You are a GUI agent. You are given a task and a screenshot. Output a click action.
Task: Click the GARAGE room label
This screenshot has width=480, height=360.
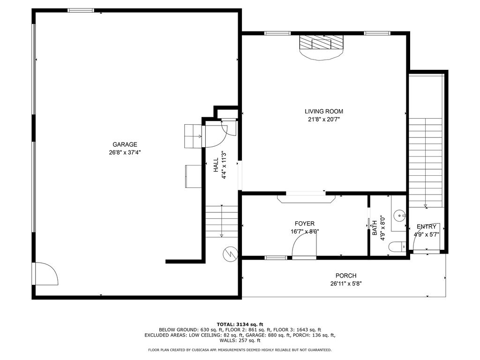click(x=125, y=144)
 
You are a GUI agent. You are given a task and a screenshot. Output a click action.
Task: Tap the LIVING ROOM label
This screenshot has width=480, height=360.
click(x=324, y=112)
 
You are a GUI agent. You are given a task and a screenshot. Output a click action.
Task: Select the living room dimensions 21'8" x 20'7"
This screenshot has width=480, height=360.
click(x=324, y=120)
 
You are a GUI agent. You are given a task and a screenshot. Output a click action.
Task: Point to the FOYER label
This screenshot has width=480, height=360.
click(x=305, y=224)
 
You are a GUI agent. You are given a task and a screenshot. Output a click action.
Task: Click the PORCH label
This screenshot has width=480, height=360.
click(x=346, y=276)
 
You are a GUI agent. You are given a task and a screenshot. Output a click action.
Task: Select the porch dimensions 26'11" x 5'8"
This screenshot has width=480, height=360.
click(x=346, y=284)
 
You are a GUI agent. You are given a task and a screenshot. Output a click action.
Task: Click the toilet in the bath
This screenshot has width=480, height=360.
click(x=397, y=247)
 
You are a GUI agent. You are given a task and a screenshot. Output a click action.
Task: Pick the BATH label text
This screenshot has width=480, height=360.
click(x=375, y=228)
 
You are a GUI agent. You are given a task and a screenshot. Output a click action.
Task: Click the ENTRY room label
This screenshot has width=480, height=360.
click(x=427, y=226)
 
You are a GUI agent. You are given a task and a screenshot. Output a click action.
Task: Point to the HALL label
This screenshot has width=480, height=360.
click(x=216, y=165)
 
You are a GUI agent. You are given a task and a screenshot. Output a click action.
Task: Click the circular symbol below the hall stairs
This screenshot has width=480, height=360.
click(x=231, y=254)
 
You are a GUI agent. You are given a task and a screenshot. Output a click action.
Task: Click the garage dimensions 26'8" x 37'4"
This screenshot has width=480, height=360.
click(x=125, y=152)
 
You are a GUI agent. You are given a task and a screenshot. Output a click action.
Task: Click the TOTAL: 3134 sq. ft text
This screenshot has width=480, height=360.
click(x=240, y=324)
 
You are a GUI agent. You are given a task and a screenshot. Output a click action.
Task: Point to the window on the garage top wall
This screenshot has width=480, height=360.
click(x=81, y=10)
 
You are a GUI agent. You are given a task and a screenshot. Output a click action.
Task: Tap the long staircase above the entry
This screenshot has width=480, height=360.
click(x=426, y=163)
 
